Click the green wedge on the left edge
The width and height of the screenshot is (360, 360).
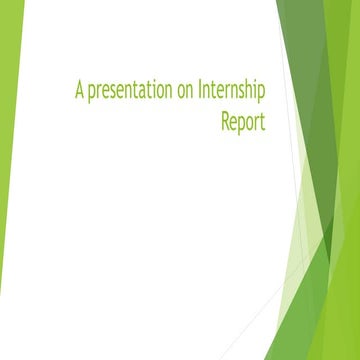click(x=9, y=150)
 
